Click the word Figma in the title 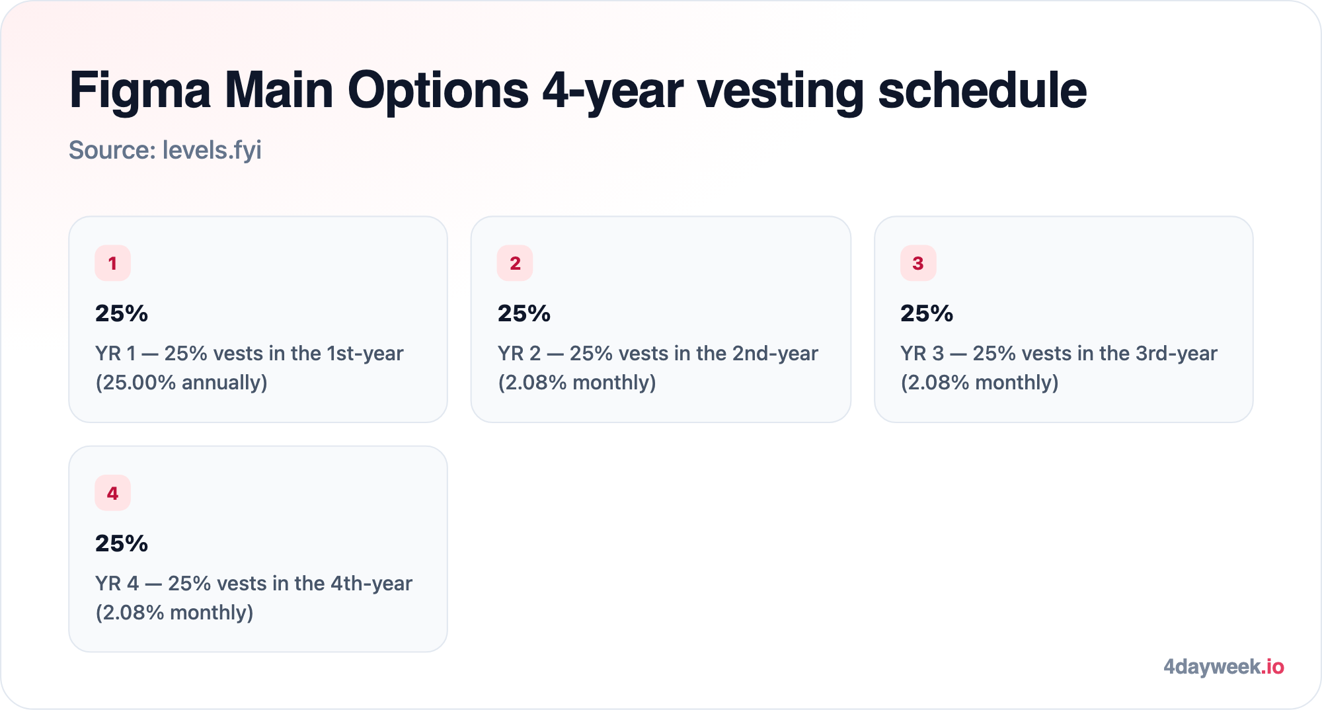tap(140, 91)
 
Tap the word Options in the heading tap(438, 91)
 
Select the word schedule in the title tap(982, 90)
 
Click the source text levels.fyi tap(212, 151)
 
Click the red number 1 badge tap(112, 263)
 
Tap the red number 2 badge tap(515, 263)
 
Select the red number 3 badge tap(918, 263)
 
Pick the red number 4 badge tap(112, 493)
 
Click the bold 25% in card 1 tap(122, 313)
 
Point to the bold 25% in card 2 tap(524, 313)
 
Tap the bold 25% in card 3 tap(927, 313)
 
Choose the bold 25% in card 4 tap(122, 543)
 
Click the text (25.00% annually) tap(182, 383)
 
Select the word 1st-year tap(365, 354)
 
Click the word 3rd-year tap(1177, 354)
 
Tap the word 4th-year tap(371, 584)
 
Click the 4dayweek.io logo tap(1224, 667)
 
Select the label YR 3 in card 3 tap(922, 354)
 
